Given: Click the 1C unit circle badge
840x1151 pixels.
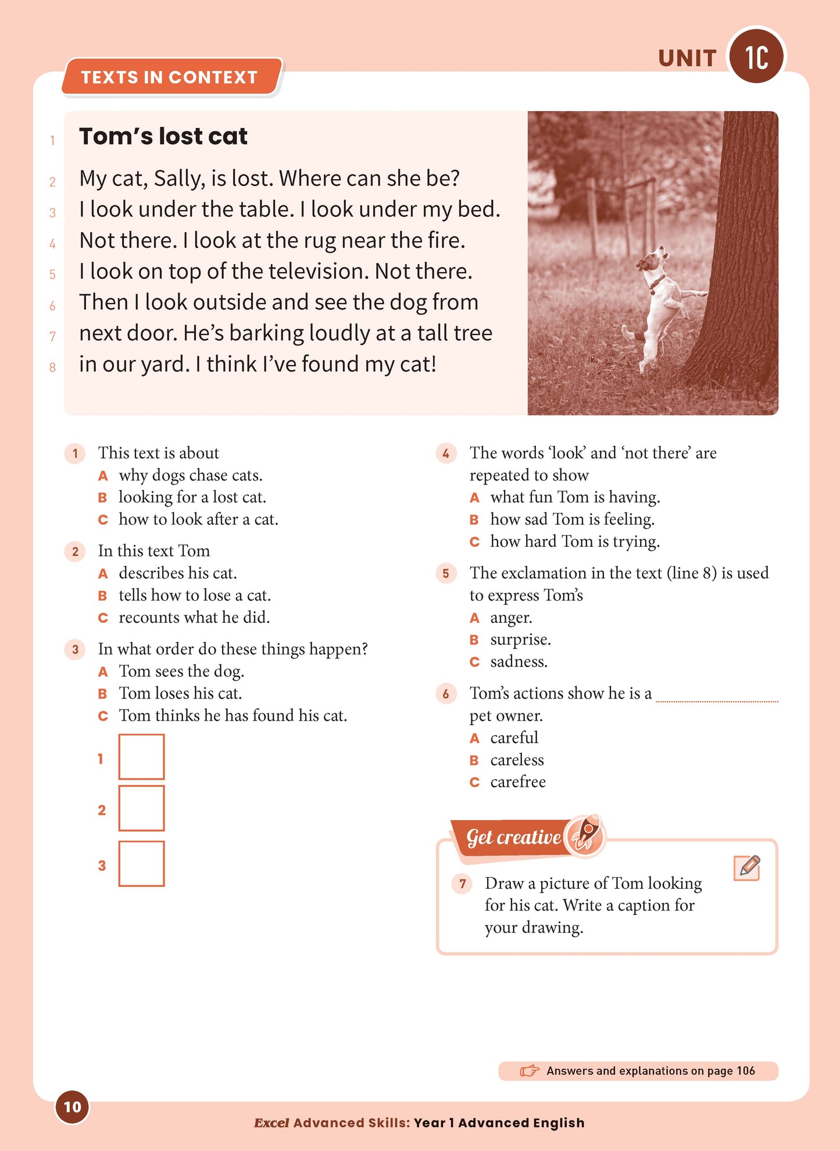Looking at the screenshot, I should click(x=756, y=56).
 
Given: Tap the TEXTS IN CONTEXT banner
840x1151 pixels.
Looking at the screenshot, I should click(x=170, y=77).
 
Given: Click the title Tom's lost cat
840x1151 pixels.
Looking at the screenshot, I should click(x=163, y=137).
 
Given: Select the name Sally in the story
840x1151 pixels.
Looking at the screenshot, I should click(x=179, y=179).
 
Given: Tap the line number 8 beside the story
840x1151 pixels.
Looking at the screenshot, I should click(x=52, y=368).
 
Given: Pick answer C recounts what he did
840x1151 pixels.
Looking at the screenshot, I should click(x=194, y=618).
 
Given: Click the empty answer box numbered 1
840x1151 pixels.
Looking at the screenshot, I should click(x=141, y=757).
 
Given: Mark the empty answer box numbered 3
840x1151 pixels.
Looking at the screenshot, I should click(x=141, y=864).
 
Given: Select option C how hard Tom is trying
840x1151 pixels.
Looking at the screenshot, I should click(x=574, y=541).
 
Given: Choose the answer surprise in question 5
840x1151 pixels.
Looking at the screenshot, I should click(x=520, y=640).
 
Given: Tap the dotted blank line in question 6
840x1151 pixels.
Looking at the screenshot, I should click(x=716, y=700).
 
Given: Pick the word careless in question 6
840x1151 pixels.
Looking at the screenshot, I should click(x=517, y=760).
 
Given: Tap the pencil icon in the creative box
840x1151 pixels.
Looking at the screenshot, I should click(x=747, y=868).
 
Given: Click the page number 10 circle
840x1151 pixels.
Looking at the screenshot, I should click(x=72, y=1107).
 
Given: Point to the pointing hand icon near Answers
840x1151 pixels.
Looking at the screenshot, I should click(x=529, y=1071).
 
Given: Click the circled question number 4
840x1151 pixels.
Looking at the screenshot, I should click(x=446, y=454).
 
